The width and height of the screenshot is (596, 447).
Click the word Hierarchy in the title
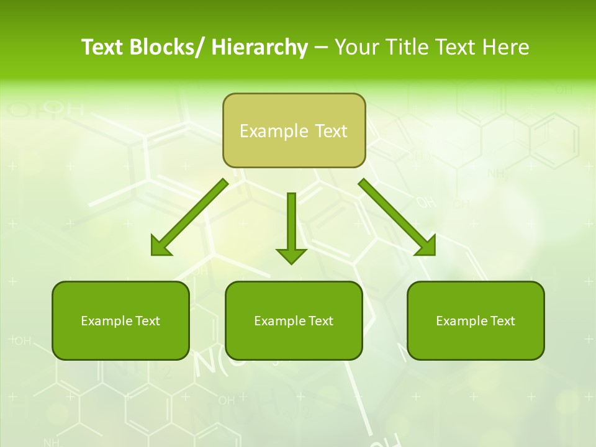tap(260, 47)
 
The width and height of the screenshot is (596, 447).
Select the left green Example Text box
tap(120, 320)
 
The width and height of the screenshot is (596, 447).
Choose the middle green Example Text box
tap(294, 320)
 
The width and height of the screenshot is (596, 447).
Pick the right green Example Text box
tap(476, 320)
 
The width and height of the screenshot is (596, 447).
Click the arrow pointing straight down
tap(291, 223)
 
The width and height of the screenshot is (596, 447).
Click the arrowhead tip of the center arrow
tap(291, 261)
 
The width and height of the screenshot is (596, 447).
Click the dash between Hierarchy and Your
tap(321, 47)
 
